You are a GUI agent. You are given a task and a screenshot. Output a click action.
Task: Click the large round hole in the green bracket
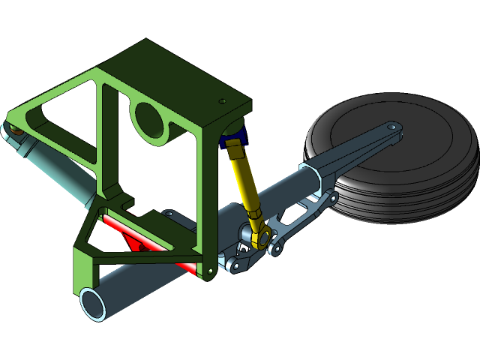(150, 117)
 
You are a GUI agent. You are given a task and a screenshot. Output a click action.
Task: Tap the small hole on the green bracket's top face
(222, 101)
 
